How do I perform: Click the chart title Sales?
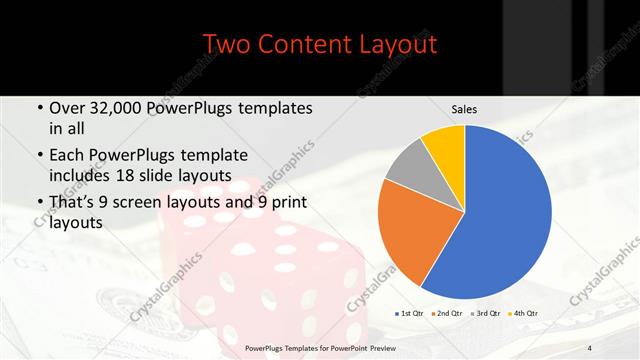point(463,108)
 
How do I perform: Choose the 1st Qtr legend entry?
point(410,313)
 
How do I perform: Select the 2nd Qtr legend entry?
point(447,313)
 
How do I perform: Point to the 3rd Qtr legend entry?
point(486,313)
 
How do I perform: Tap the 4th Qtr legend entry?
point(524,313)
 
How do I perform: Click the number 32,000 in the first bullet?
point(120,108)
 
